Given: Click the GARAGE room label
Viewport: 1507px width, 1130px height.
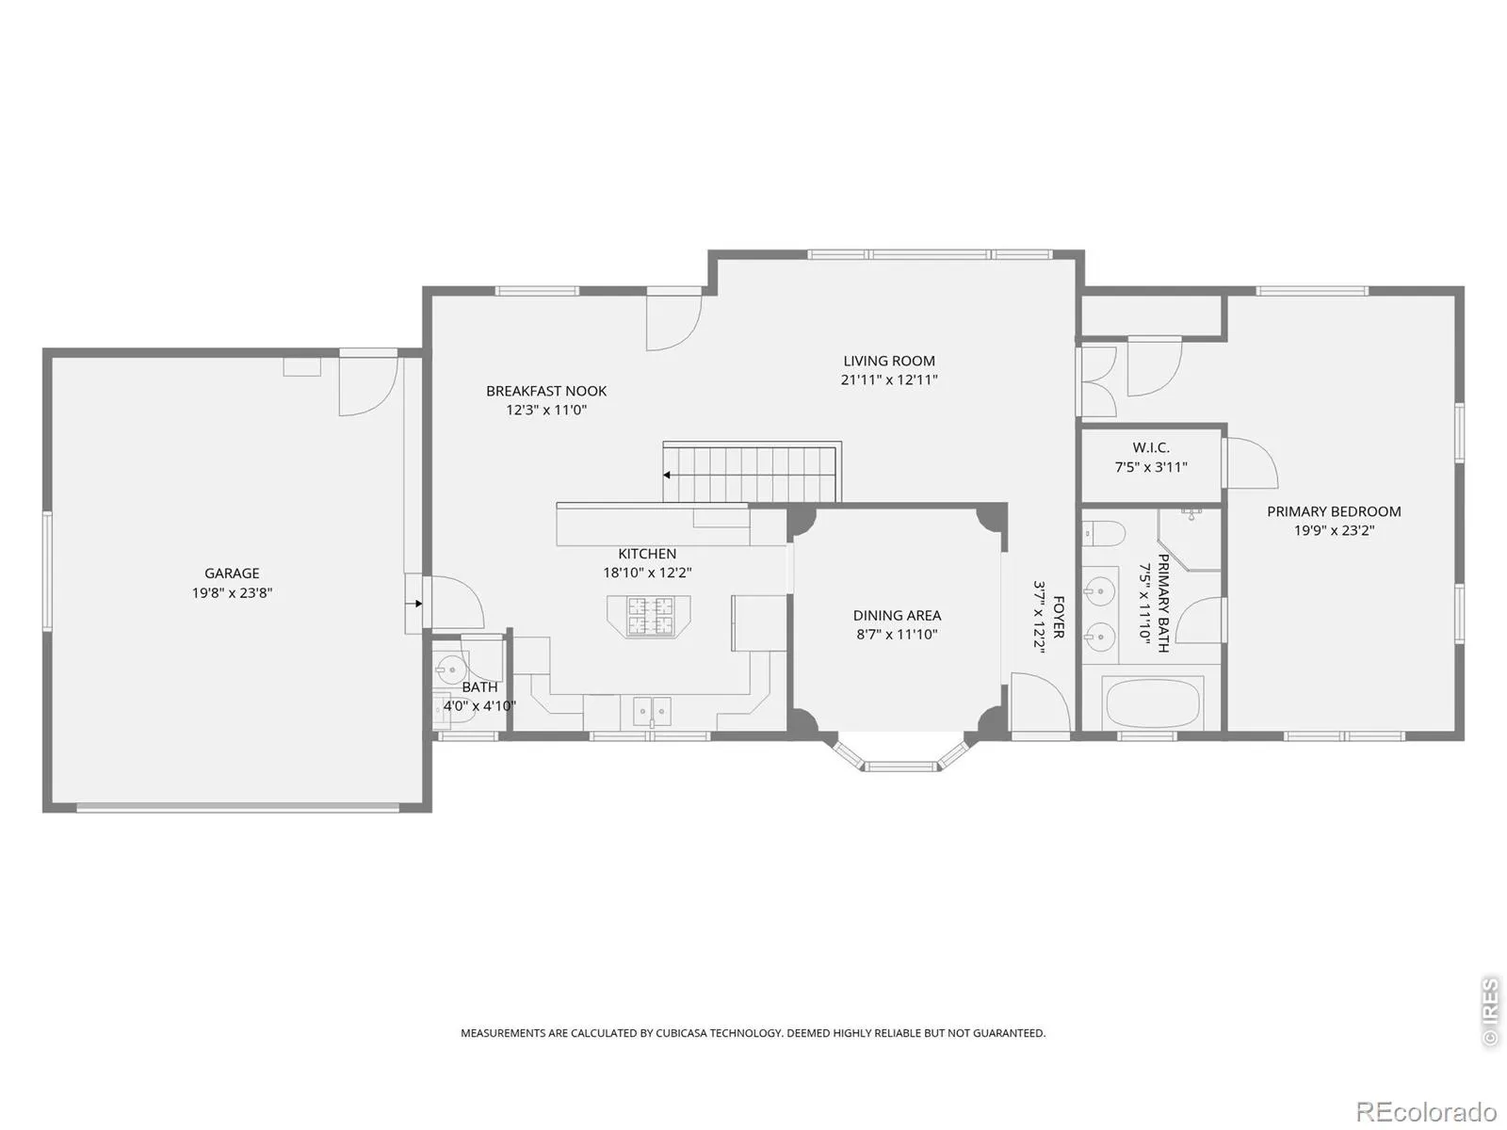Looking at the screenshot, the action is (x=232, y=573).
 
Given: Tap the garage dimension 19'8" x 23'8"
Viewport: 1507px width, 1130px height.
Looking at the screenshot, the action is (x=232, y=592).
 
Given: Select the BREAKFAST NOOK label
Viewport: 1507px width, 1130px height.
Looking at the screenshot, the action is (x=545, y=391).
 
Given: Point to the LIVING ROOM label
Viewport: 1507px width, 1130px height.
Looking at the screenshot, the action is (x=888, y=361).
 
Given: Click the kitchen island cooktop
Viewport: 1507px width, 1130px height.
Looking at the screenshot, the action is (x=649, y=616).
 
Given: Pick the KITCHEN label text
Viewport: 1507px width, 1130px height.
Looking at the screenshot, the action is (x=647, y=554).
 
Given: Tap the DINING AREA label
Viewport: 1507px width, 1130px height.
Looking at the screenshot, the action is (x=897, y=616).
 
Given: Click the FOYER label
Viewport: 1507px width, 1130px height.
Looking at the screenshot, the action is (x=1058, y=617).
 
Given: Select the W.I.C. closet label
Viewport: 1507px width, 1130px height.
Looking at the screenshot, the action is (x=1151, y=447).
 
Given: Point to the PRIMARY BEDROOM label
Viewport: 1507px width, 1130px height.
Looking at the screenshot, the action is (x=1334, y=511).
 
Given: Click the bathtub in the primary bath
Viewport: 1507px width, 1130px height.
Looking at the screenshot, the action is (x=1153, y=702).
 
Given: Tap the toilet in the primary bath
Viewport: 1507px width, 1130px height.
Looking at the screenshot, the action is (x=1103, y=532).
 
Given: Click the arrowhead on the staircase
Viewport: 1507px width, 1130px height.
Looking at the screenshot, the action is (x=666, y=475).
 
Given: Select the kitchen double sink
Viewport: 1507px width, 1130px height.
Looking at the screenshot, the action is (x=652, y=709).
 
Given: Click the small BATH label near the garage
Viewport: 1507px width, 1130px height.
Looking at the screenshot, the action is (x=479, y=686).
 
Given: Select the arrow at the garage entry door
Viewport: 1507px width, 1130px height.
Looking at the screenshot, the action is (x=417, y=604).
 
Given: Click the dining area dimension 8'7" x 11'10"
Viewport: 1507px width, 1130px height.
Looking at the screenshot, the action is (x=897, y=635).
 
